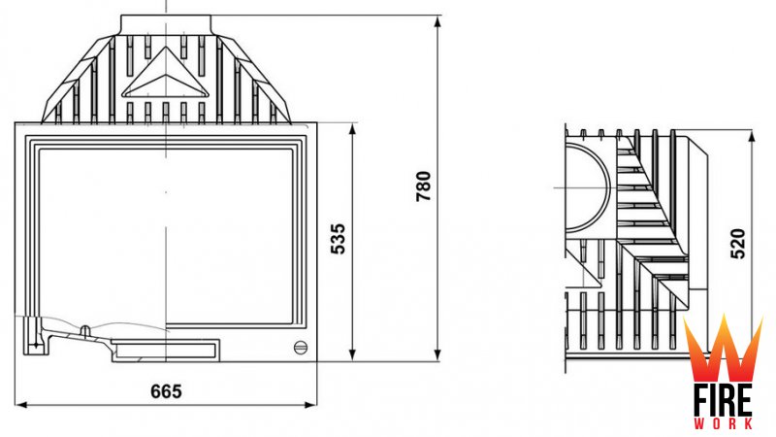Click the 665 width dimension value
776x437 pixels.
tap(166, 391)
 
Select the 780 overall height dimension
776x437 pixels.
tap(424, 186)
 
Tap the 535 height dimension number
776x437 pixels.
tap(338, 239)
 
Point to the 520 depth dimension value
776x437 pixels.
tap(737, 244)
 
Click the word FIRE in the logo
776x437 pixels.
tap(723, 400)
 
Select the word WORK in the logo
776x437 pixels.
tap(723, 424)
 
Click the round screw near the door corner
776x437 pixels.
tap(301, 348)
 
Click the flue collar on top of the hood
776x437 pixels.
tap(166, 25)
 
